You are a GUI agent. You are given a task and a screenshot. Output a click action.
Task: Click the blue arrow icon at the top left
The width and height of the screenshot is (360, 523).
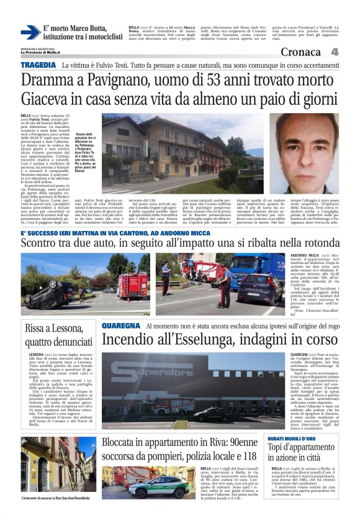coord(30,32)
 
